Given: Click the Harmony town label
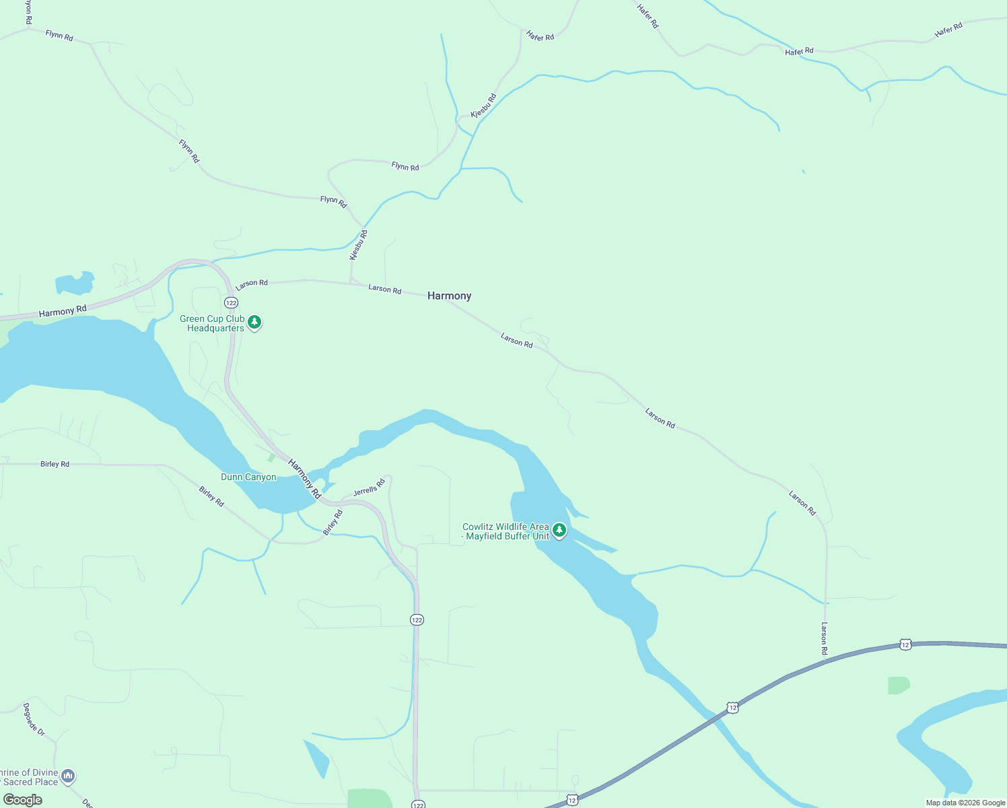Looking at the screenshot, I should (x=449, y=296).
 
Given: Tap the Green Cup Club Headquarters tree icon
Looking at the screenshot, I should (x=254, y=323).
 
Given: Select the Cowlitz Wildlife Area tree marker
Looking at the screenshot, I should (x=559, y=531).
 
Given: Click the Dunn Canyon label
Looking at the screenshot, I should (x=248, y=477).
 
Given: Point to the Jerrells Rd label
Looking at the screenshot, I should (x=369, y=487).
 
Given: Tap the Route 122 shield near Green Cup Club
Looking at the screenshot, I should (x=231, y=302).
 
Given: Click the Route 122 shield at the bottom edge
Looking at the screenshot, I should (x=418, y=804).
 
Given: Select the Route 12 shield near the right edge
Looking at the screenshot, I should (x=905, y=644).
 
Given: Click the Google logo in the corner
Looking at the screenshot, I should (x=23, y=799).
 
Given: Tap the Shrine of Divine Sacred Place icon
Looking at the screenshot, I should (x=68, y=776).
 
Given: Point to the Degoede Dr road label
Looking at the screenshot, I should (x=34, y=719).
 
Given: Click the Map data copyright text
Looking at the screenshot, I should (x=965, y=803).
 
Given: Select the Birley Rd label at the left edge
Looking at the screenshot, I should (x=55, y=464).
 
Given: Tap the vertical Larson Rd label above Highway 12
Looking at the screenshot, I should (x=824, y=638).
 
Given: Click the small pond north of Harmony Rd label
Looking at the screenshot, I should (x=74, y=283).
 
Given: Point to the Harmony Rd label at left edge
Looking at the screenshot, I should (x=63, y=312).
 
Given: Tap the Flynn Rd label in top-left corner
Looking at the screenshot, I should (x=59, y=36).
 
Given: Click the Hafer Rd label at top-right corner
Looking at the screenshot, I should (x=948, y=30).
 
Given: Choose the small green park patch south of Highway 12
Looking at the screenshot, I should (x=898, y=685).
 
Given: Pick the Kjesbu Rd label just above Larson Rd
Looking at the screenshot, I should (x=358, y=246).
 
